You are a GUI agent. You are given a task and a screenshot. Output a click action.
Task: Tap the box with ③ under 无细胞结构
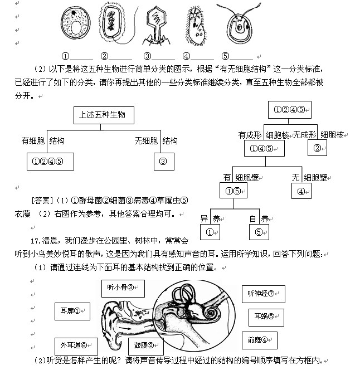coord(163,162)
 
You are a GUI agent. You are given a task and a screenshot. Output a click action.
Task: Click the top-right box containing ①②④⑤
coord(289,110)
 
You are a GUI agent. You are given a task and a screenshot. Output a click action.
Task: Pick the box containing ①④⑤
coord(265,148)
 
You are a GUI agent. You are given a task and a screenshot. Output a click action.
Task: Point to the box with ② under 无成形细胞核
coord(318,148)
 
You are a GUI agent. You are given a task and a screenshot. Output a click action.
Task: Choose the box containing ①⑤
coord(232,191)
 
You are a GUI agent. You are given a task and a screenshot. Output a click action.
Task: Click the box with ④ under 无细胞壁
coord(301,191)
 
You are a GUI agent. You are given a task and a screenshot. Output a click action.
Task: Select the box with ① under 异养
coord(210,232)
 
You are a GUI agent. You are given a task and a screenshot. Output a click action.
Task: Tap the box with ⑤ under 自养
coord(259,232)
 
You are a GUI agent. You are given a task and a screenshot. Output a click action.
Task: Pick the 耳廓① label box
coord(72,311)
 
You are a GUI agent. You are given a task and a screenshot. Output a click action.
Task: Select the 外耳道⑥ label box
coord(76,346)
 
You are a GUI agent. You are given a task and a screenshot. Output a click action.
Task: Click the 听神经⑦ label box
coord(264,294)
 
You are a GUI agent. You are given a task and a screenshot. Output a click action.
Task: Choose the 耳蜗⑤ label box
coord(265,317)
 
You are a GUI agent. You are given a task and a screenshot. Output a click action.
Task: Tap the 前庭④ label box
coord(259,339)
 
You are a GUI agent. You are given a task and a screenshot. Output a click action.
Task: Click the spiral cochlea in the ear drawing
coord(211,315)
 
